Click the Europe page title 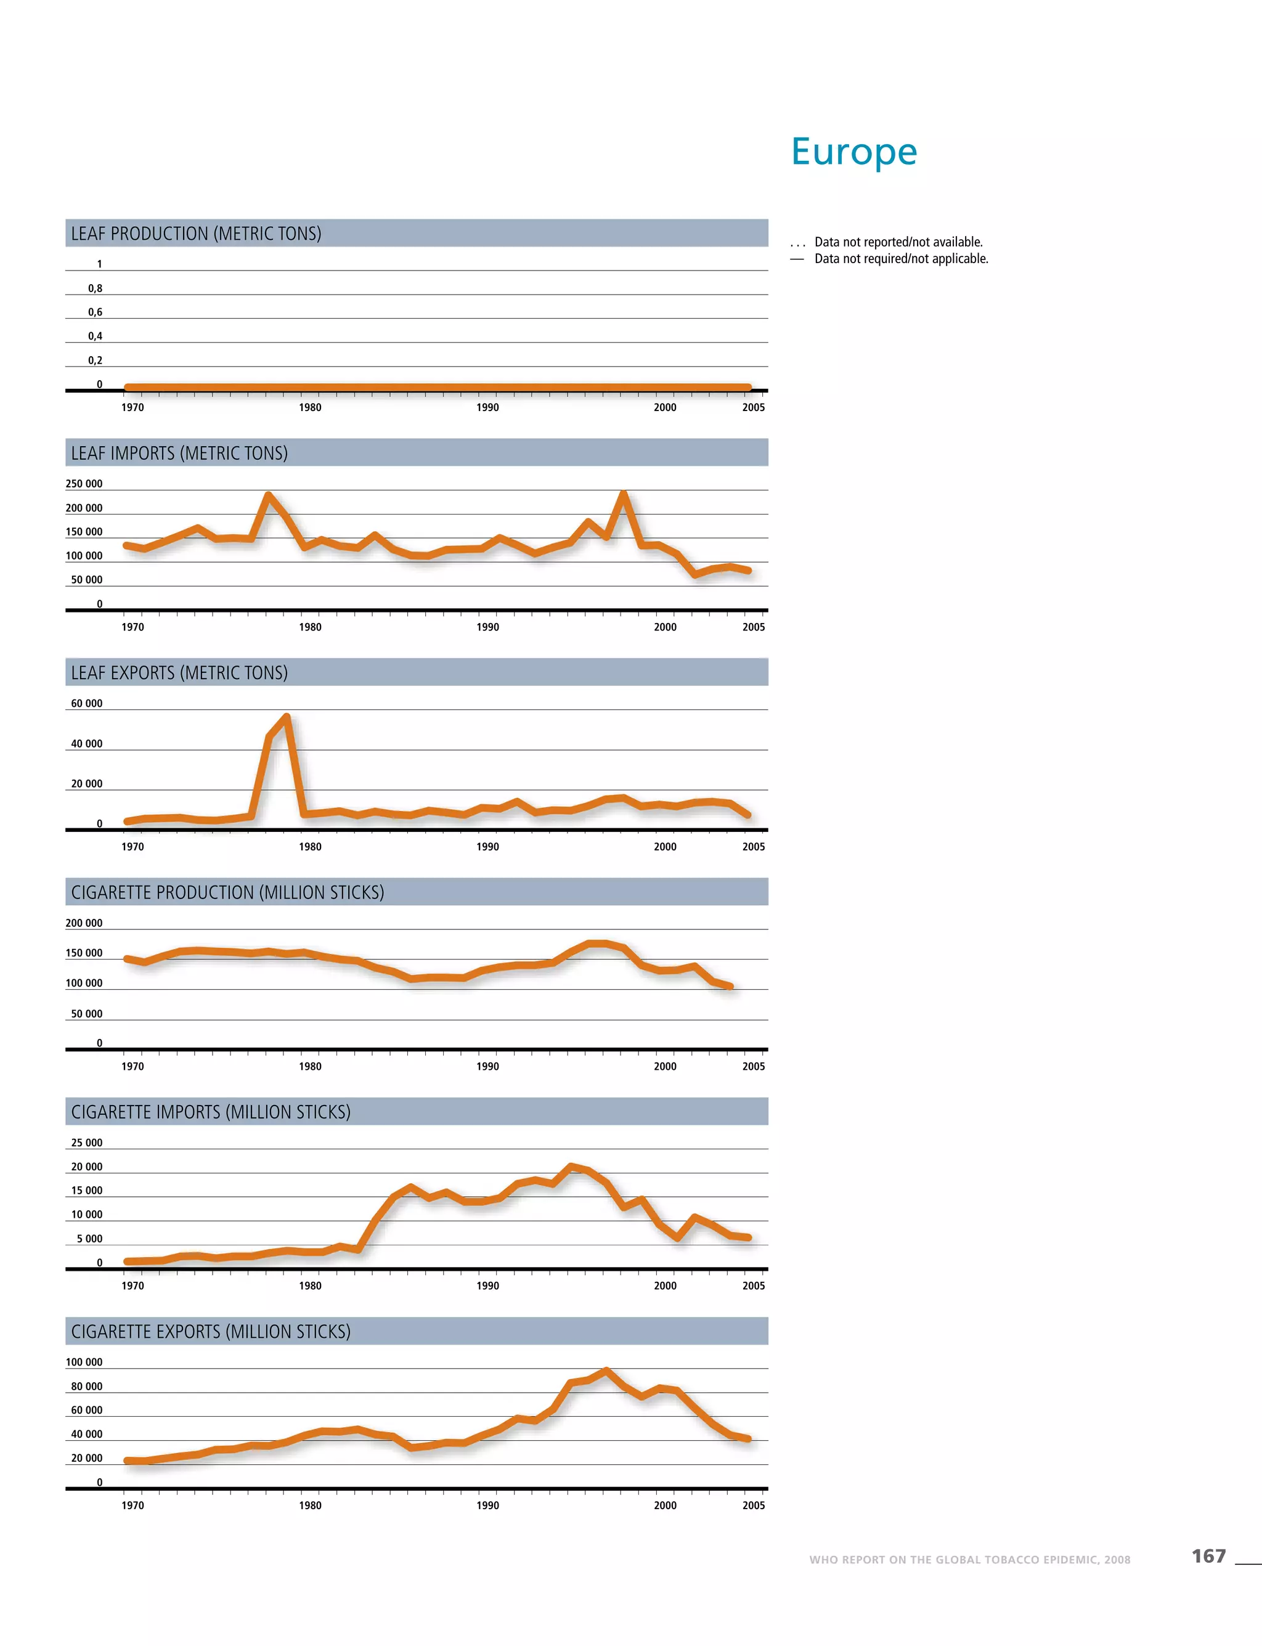[854, 152]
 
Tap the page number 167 [1208, 1556]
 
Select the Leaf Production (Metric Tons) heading [196, 234]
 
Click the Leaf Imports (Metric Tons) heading [179, 453]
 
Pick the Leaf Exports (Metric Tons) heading [179, 672]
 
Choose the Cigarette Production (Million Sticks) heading [227, 892]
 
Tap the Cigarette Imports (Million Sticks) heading [211, 1112]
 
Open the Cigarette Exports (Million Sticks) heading [211, 1331]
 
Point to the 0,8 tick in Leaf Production [95, 288]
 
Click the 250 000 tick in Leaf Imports [84, 484]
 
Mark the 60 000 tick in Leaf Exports [86, 704]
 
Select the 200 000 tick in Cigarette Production [84, 923]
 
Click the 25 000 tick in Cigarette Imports [86, 1143]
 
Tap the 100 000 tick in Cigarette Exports [84, 1362]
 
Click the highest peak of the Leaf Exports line [286, 717]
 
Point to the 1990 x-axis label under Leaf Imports [487, 627]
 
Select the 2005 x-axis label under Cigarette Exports [754, 1505]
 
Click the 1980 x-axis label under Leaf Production [310, 408]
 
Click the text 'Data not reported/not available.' [898, 242]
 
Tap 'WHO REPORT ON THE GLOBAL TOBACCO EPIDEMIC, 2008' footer [969, 1560]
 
